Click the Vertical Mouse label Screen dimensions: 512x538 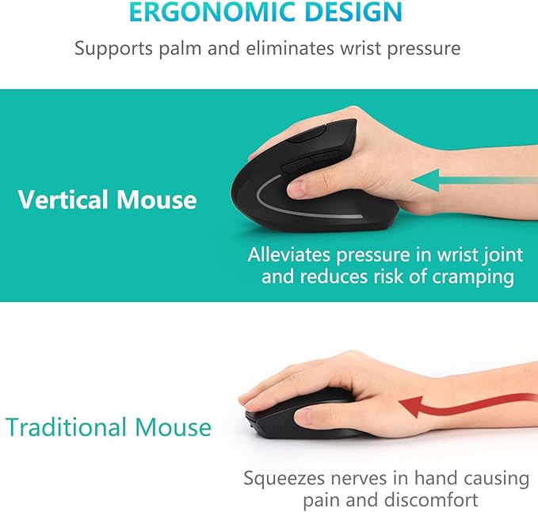pyautogui.click(x=107, y=199)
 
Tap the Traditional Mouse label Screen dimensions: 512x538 pyautogui.click(x=109, y=428)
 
